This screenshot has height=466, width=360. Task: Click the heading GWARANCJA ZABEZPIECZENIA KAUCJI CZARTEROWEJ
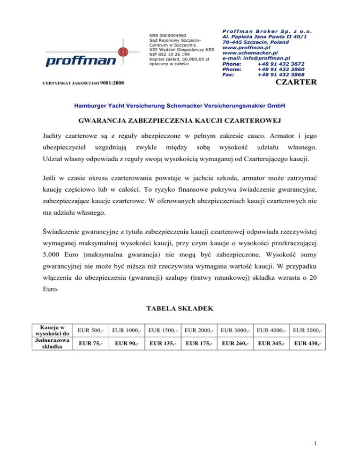(x=180, y=122)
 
